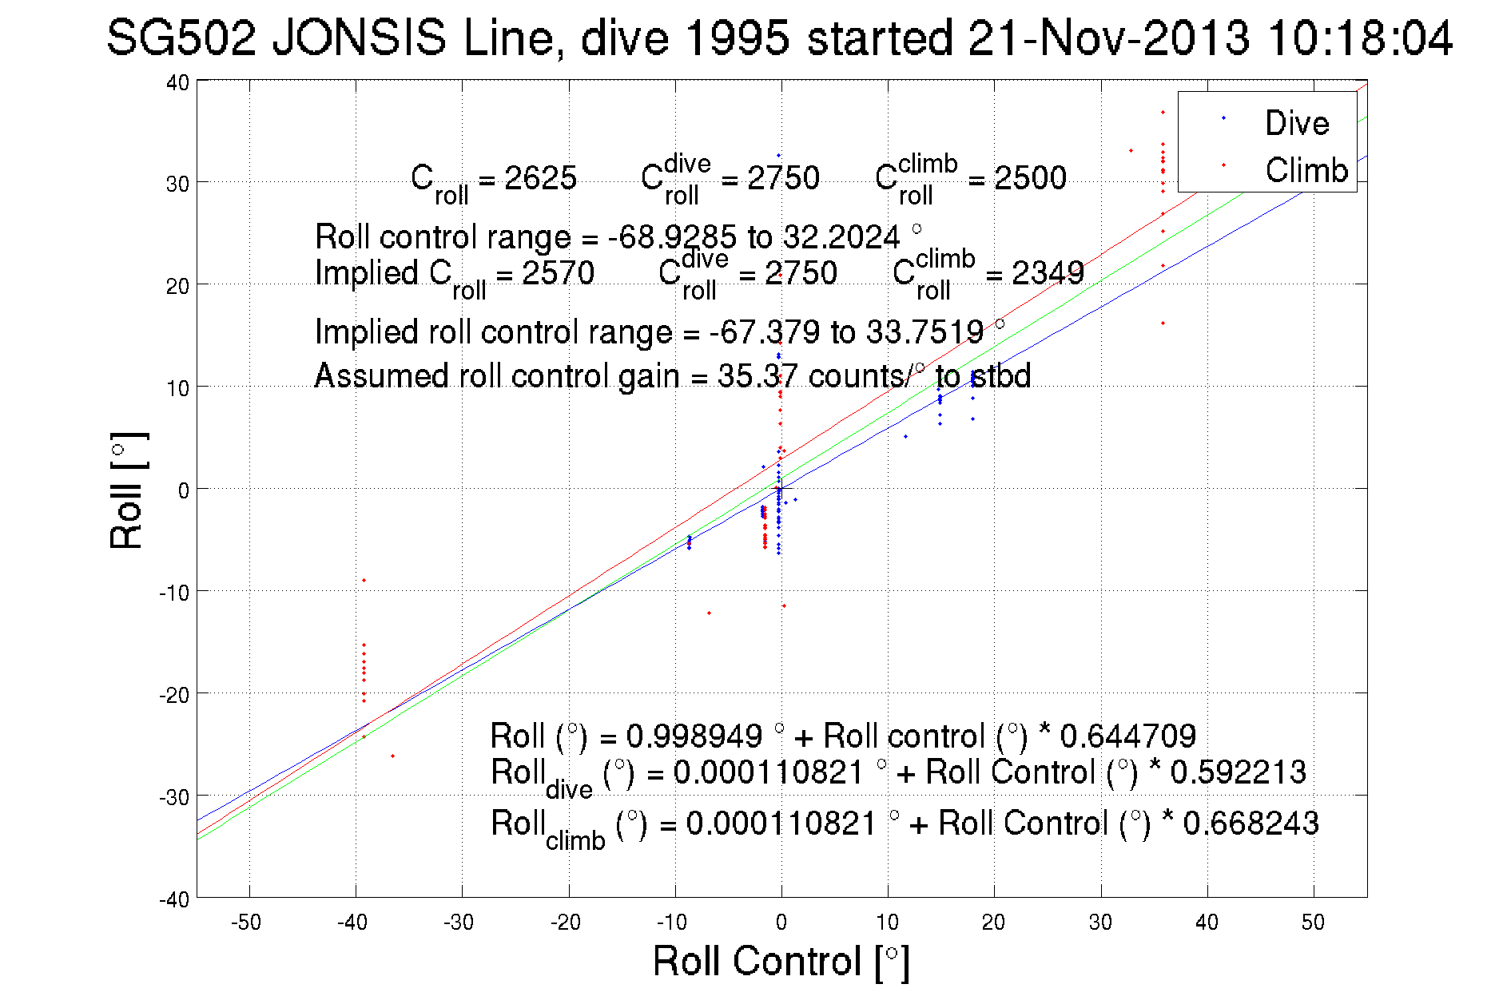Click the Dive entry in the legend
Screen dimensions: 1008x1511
coord(1296,124)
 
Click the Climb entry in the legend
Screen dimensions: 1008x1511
coord(1306,171)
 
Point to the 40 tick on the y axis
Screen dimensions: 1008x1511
coord(177,83)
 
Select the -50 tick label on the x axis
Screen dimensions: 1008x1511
coord(245,923)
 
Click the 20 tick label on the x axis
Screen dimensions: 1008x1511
coord(993,923)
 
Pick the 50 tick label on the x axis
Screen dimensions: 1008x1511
coord(1313,923)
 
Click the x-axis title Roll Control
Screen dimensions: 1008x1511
coord(781,961)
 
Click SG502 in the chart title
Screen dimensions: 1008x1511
coord(181,38)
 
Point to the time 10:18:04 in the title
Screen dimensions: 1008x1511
coord(1360,38)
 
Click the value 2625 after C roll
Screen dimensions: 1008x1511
coord(540,178)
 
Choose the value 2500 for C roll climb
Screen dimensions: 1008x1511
coord(1030,178)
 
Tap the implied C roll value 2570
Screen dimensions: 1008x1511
coord(558,273)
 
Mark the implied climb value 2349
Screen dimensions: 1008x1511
coord(1048,273)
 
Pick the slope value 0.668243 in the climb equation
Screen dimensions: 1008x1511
coord(1251,823)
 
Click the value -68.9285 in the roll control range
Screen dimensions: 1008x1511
coord(672,237)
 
